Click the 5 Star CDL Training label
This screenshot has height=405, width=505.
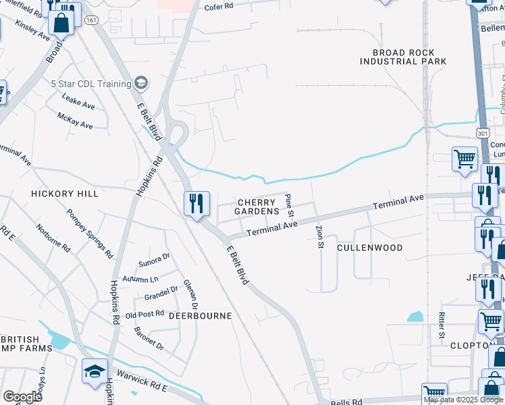(x=90, y=84)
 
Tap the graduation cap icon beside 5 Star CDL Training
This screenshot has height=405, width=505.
(x=141, y=83)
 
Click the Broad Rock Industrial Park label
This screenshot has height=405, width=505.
(x=403, y=57)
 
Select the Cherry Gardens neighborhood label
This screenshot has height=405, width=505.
(x=257, y=207)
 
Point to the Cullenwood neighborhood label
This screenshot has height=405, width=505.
(x=369, y=248)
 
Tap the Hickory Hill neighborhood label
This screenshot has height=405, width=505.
(x=65, y=194)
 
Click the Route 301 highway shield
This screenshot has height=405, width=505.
(x=482, y=134)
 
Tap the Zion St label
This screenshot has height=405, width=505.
(x=320, y=236)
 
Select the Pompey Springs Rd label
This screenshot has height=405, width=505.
(x=89, y=234)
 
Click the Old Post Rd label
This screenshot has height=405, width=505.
(x=145, y=314)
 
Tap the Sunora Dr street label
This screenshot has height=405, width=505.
(x=155, y=260)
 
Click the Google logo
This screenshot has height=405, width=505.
(x=22, y=397)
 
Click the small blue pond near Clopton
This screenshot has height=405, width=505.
(x=416, y=316)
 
